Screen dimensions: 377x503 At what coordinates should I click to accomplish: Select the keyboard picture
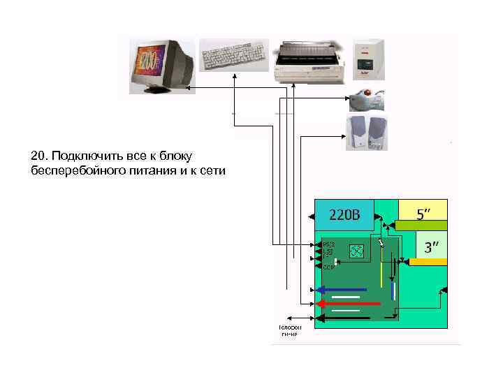pyautogui.click(x=234, y=54)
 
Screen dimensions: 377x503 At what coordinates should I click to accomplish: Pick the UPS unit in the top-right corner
pyautogui.click(x=368, y=59)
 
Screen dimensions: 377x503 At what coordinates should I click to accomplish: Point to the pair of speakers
pyautogui.click(x=367, y=132)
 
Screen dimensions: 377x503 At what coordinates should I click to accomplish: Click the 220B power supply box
pyautogui.click(x=344, y=214)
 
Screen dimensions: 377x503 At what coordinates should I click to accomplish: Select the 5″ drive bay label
pyautogui.click(x=424, y=213)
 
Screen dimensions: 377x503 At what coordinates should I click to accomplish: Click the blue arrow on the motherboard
pyautogui.click(x=342, y=289)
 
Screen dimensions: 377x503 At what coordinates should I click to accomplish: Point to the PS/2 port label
pyautogui.click(x=329, y=244)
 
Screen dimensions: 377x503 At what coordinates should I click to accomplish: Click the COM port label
pyautogui.click(x=328, y=267)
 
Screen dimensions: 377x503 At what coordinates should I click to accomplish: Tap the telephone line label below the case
pyautogui.click(x=289, y=330)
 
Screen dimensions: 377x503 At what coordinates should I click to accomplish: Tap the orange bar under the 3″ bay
pyautogui.click(x=428, y=261)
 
